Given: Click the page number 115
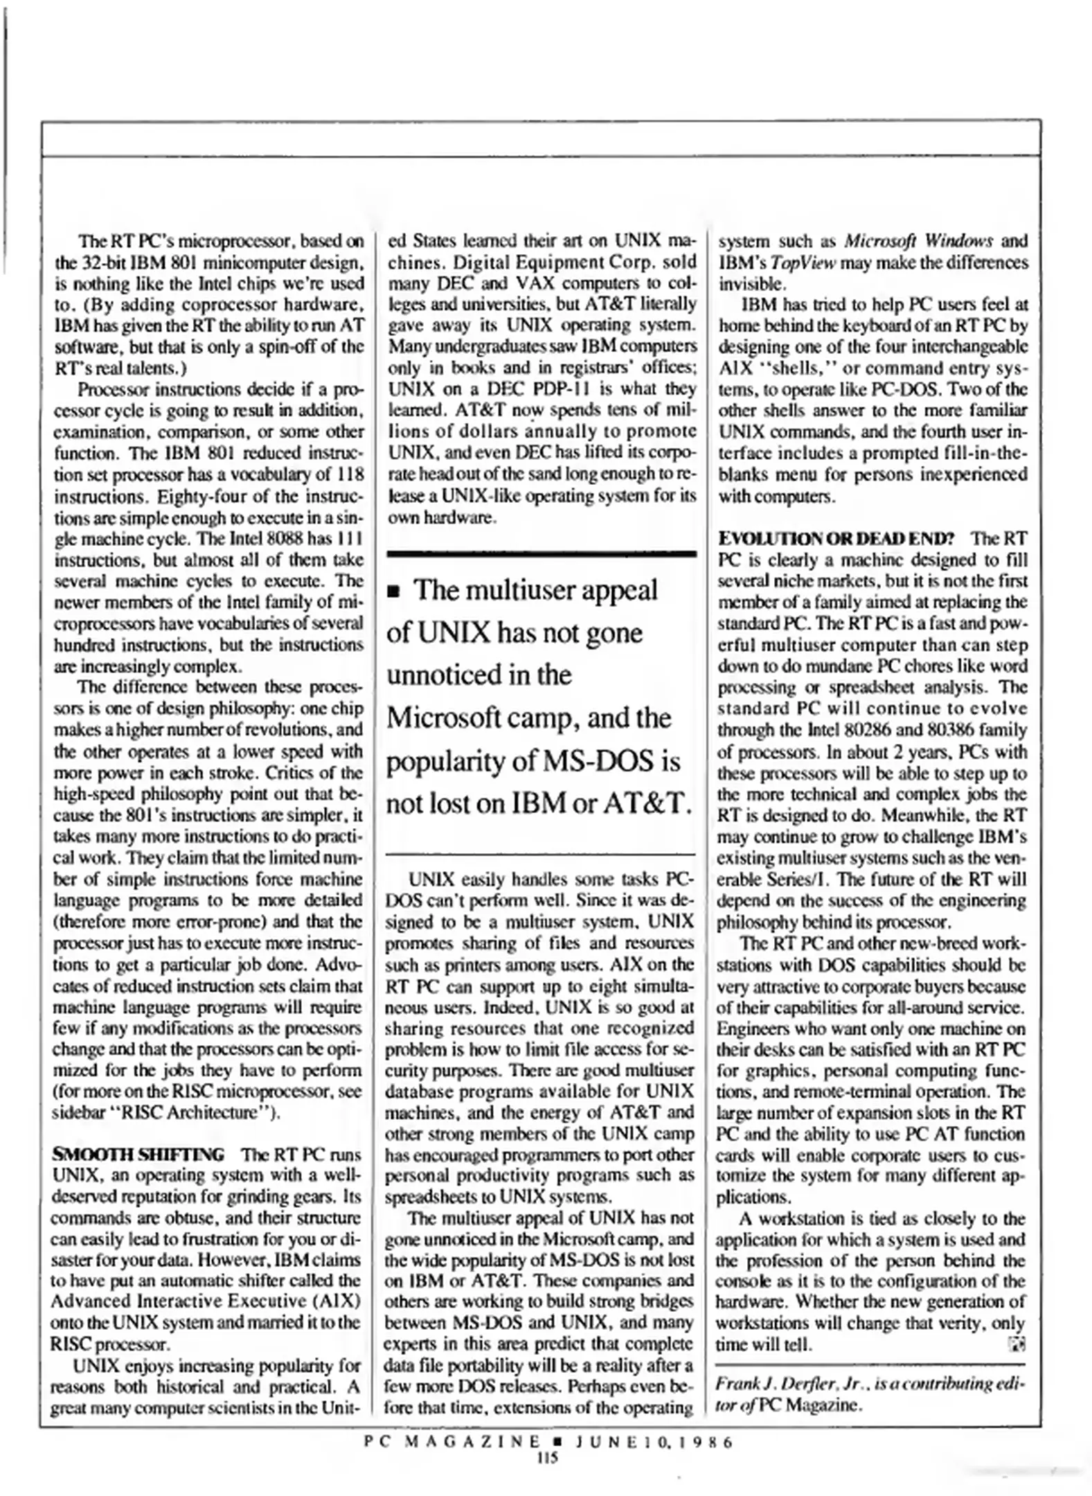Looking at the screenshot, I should [547, 1457].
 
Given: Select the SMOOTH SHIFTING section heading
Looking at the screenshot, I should [138, 1155].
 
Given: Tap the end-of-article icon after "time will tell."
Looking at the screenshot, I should [1017, 1344].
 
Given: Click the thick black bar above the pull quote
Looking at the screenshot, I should [541, 553].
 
